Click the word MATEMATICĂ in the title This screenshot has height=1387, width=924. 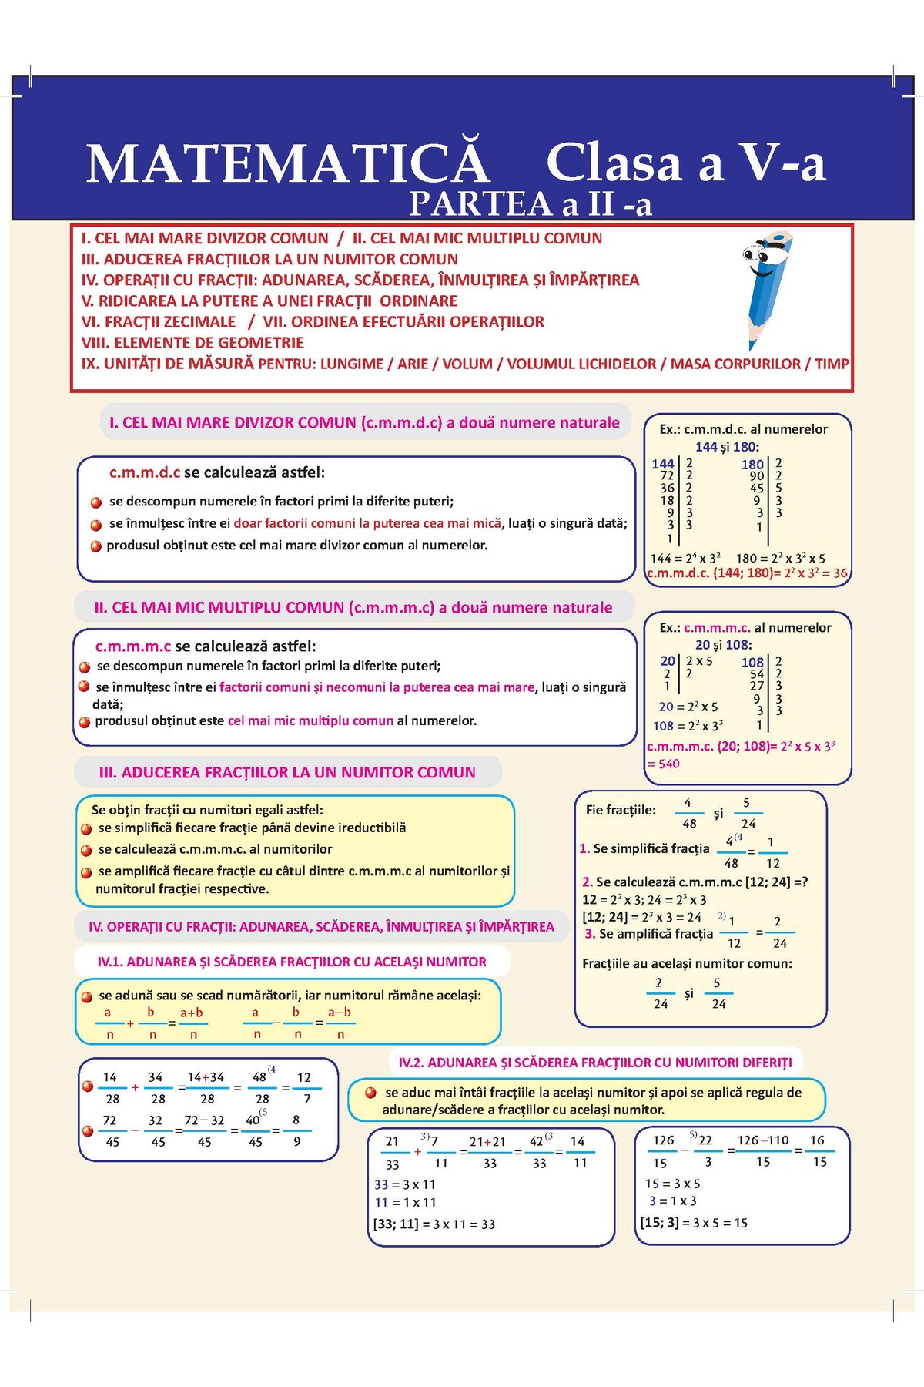click(x=287, y=163)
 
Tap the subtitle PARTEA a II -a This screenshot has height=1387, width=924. click(x=530, y=204)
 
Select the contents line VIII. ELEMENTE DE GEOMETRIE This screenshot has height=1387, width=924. click(x=192, y=343)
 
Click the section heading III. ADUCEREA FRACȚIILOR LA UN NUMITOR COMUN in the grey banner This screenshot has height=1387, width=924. click(x=287, y=772)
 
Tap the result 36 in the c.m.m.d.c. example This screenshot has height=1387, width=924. click(x=840, y=573)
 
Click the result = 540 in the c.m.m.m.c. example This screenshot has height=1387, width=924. click(x=664, y=764)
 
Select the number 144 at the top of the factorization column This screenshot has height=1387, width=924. click(x=662, y=464)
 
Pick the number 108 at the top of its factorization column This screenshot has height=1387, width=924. click(x=752, y=662)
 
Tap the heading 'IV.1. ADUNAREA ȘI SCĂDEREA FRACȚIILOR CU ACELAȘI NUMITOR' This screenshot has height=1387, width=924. click(x=292, y=962)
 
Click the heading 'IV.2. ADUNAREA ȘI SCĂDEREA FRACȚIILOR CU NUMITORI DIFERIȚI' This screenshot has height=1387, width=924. click(x=594, y=1063)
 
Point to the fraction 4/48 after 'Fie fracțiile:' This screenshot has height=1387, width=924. click(x=688, y=813)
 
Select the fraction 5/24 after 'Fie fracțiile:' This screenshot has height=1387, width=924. click(x=747, y=813)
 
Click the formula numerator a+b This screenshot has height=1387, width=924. click(x=192, y=1013)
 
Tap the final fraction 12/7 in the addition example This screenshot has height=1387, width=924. click(x=305, y=1088)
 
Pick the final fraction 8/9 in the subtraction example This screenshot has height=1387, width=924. click(x=296, y=1130)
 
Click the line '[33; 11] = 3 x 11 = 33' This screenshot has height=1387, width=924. click(x=434, y=1224)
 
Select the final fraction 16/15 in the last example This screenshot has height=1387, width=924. click(x=818, y=1150)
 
